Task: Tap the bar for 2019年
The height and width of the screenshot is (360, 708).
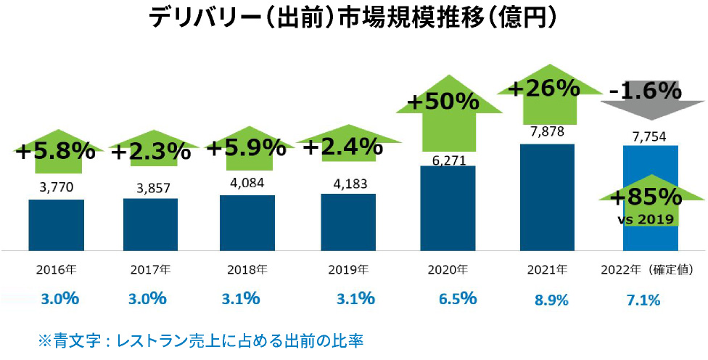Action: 348,221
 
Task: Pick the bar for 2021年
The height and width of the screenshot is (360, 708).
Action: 547,196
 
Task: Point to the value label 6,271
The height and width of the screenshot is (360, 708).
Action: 447,159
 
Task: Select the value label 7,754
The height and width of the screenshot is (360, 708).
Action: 650,136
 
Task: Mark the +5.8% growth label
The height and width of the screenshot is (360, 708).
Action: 55,152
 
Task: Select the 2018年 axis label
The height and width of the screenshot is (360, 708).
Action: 247,270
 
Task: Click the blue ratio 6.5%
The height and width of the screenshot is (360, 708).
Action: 458,298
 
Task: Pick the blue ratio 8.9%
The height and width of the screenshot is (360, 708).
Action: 551,300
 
